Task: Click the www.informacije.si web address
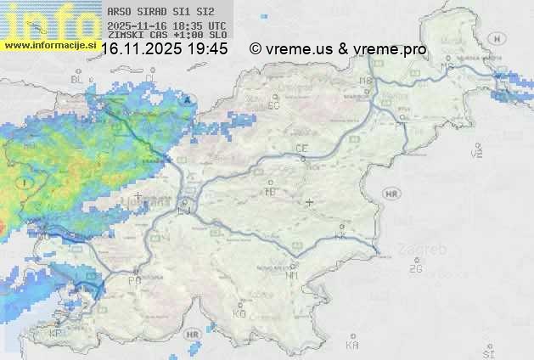tap(49, 44)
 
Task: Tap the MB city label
tap(367, 81)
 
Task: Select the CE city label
tap(301, 149)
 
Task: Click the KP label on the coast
tap(56, 334)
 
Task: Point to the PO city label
tap(134, 279)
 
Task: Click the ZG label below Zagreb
tap(415, 269)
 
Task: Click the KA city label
tap(352, 346)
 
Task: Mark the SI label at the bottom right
tap(487, 352)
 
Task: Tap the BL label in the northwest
tap(78, 79)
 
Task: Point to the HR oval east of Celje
tap(391, 194)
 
